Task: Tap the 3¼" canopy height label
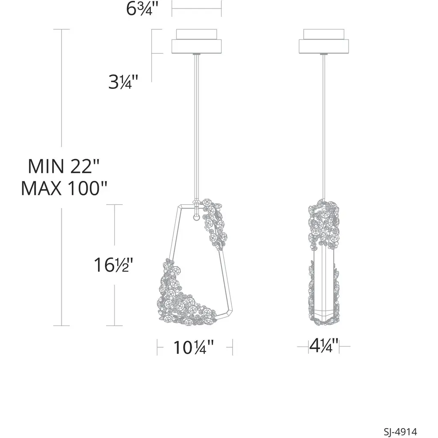(x=123, y=82)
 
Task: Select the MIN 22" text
(x=63, y=166)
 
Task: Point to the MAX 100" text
(x=64, y=188)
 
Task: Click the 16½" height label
(x=113, y=265)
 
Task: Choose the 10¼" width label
(x=193, y=348)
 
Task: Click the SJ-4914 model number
(x=400, y=431)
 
